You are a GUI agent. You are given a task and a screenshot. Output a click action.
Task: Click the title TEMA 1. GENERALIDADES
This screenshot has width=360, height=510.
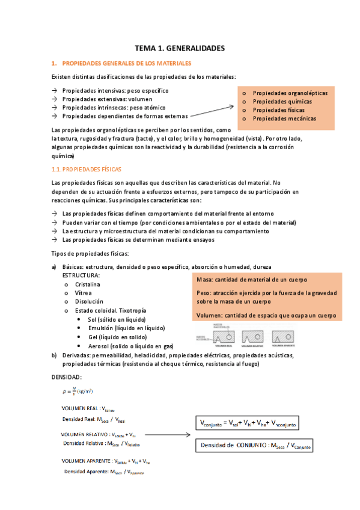[x=179, y=48]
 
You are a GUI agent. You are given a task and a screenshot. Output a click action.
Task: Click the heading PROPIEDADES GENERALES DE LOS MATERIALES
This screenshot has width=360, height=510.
[x=127, y=63]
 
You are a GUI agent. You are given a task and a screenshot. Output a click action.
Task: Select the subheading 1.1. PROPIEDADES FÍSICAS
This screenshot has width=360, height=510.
[x=96, y=170]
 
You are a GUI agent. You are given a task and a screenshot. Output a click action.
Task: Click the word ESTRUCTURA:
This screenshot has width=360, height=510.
[x=81, y=275]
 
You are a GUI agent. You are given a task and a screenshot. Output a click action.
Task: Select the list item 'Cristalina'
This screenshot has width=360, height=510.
[x=88, y=284]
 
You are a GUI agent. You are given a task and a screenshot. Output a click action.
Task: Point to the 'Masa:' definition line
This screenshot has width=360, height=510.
[x=252, y=280]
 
